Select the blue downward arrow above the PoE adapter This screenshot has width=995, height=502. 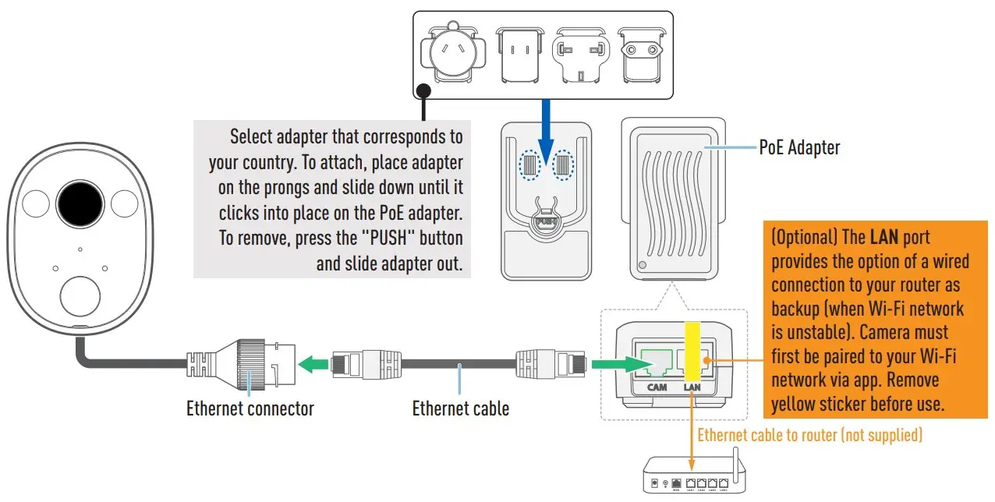point(546,136)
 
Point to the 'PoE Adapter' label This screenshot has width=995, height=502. point(799,147)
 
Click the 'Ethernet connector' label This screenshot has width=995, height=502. point(250,408)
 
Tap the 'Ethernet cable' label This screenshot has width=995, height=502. point(460,408)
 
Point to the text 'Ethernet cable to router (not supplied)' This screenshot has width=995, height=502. point(809,435)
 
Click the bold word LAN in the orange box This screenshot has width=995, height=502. point(884,237)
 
